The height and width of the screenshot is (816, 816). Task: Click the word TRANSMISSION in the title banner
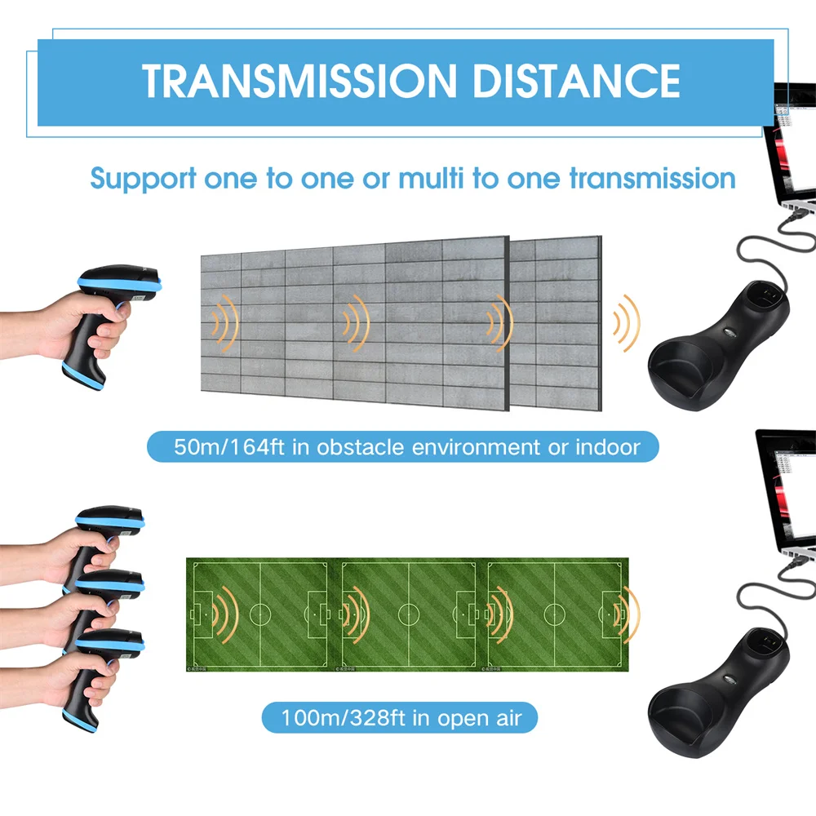point(299,81)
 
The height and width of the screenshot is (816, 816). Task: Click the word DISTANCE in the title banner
point(576,81)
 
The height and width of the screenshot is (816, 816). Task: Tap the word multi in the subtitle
point(431,178)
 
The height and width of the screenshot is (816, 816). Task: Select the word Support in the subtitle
point(143,180)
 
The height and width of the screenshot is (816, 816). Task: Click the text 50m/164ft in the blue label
point(229,446)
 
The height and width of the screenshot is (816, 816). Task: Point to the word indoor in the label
point(608,446)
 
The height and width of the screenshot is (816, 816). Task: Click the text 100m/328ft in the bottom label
point(343,717)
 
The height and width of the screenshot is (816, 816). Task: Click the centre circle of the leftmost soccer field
point(260,614)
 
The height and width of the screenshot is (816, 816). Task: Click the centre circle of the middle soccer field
point(409,614)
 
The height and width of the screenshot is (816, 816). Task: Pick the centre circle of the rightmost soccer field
point(555,614)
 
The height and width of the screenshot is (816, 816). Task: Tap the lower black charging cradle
point(718,692)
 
